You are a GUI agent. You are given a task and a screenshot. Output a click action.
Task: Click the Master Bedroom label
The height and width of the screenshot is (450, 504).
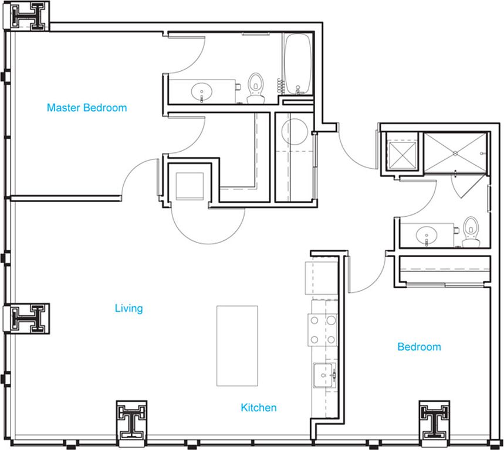pyautogui.click(x=87, y=108)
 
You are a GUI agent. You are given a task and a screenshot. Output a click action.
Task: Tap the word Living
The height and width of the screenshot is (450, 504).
pyautogui.click(x=129, y=308)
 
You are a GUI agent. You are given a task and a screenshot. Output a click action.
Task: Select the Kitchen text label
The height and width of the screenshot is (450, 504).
pyautogui.click(x=259, y=408)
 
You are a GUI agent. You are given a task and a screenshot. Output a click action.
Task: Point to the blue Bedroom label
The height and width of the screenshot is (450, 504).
pyautogui.click(x=419, y=347)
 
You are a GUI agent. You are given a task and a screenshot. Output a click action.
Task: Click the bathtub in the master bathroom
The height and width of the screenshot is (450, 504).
pyautogui.click(x=298, y=64)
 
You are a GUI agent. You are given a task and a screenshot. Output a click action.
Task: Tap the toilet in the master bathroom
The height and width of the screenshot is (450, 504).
pyautogui.click(x=256, y=88)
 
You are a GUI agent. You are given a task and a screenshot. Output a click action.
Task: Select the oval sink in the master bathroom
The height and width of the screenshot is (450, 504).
pyautogui.click(x=201, y=92)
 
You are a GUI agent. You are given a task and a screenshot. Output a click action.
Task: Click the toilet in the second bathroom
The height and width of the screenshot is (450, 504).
pyautogui.click(x=471, y=232)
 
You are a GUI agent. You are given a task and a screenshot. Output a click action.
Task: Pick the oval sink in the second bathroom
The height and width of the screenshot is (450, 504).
pyautogui.click(x=426, y=236)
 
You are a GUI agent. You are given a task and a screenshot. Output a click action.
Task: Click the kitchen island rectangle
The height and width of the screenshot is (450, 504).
pyautogui.click(x=237, y=346)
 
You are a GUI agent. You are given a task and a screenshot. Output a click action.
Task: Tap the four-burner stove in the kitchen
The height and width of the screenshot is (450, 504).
pyautogui.click(x=323, y=330)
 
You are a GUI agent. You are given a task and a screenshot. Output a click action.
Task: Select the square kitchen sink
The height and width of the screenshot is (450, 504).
pyautogui.click(x=325, y=375)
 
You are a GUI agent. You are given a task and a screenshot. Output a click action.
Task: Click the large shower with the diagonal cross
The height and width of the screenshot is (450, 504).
pyautogui.click(x=455, y=153)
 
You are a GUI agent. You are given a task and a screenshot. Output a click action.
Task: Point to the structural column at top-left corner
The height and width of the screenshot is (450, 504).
pyautogui.click(x=26, y=16)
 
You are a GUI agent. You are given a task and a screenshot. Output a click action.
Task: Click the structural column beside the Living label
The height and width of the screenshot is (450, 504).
pyautogui.click(x=26, y=318)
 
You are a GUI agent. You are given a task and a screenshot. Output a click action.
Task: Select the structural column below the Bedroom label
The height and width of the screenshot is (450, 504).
pyautogui.click(x=435, y=423)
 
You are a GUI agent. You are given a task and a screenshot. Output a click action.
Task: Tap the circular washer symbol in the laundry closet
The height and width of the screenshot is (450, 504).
pyautogui.click(x=295, y=132)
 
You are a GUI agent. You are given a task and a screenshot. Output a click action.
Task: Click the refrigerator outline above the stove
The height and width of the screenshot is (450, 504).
pyautogui.click(x=321, y=278)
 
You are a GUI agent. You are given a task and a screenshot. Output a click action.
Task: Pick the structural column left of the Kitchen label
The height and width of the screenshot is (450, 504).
pyautogui.click(x=131, y=423)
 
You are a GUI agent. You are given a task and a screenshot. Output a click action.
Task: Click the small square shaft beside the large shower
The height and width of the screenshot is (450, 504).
pyautogui.click(x=402, y=155)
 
